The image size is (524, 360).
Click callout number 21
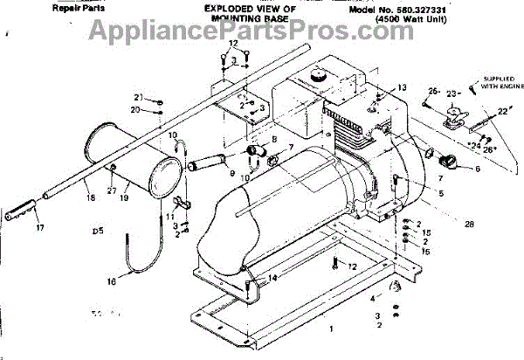click(x=137, y=96)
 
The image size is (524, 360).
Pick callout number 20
click(x=137, y=110)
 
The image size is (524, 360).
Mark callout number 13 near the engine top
click(x=403, y=88)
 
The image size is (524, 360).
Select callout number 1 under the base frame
click(x=330, y=330)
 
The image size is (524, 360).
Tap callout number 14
click(x=274, y=277)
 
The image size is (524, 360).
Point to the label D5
click(x=97, y=232)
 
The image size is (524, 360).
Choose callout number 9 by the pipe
click(x=232, y=173)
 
